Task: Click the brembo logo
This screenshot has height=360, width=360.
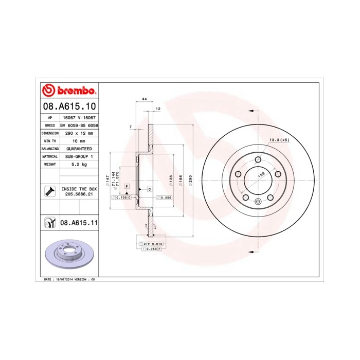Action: coord(69,91)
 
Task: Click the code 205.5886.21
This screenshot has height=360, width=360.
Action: coord(79,194)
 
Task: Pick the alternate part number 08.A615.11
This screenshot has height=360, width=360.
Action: coord(79,223)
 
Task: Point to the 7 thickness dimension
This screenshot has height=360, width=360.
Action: coord(131,127)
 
